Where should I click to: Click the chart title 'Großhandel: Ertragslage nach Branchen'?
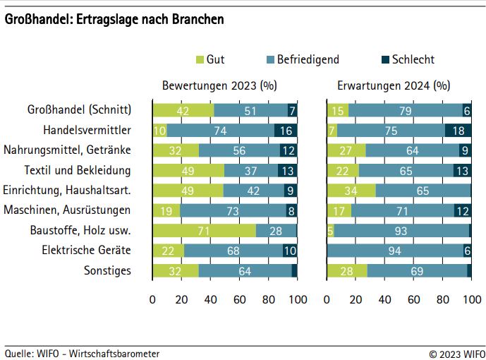click(x=115, y=20)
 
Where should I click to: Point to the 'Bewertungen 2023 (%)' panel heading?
click(x=219, y=86)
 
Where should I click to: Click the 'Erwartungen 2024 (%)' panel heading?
click(x=394, y=86)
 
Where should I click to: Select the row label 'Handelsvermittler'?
click(x=87, y=131)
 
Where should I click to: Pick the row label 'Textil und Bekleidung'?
click(x=78, y=170)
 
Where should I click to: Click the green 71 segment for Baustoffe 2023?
click(x=205, y=230)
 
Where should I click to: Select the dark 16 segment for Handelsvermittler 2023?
click(x=286, y=131)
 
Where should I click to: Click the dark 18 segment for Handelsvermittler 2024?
click(x=458, y=131)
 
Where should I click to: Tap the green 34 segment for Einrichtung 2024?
click(x=351, y=190)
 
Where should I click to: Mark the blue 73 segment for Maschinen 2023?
click(x=233, y=210)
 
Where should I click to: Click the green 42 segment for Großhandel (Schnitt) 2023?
click(x=183, y=110)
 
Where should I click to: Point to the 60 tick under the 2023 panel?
click(x=240, y=299)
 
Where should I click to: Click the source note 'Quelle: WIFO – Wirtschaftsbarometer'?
click(x=82, y=353)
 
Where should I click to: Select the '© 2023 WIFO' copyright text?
click(x=457, y=353)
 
